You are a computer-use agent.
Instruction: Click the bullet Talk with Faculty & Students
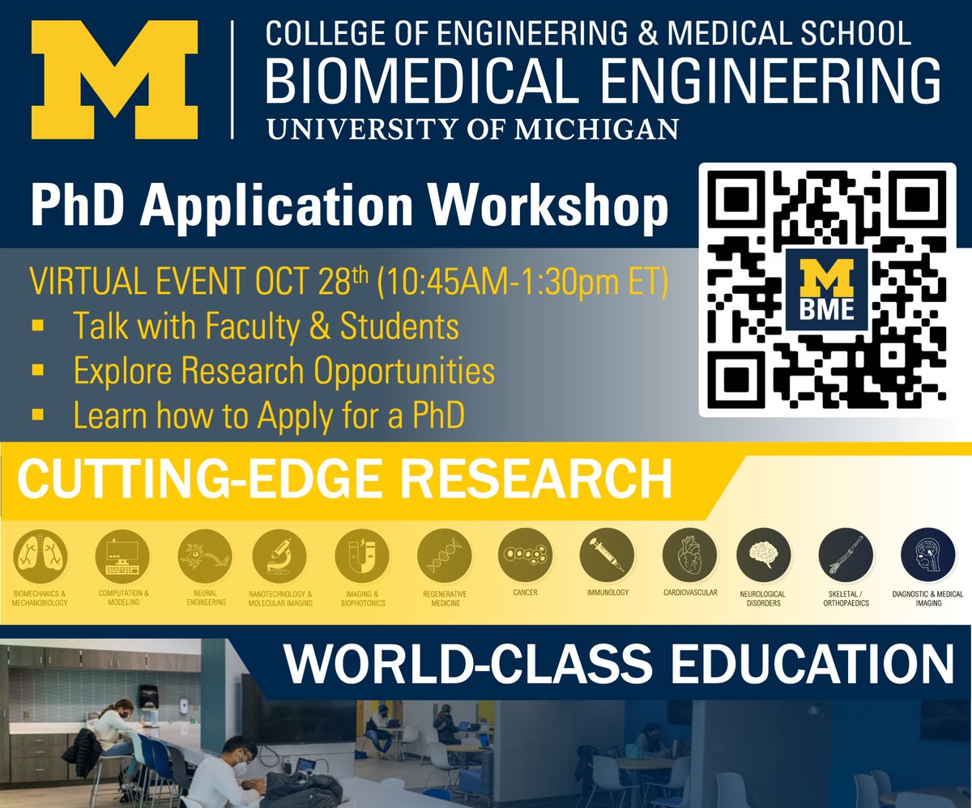coord(266,326)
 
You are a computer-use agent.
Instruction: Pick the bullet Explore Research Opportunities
coord(283,371)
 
